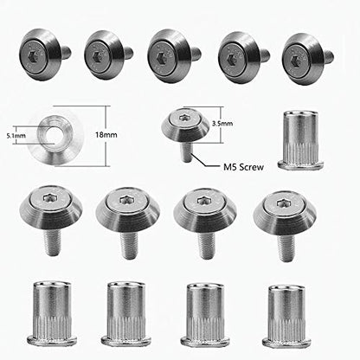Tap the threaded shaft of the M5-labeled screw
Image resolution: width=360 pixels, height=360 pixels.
186,150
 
